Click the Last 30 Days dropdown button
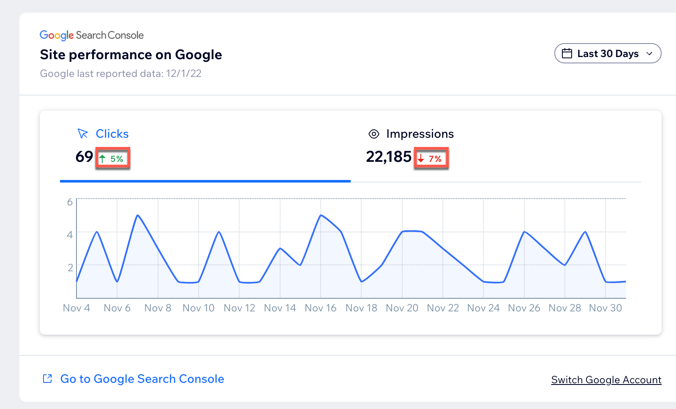click(608, 54)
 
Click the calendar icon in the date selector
click(567, 54)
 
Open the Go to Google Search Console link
click(142, 379)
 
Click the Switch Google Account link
click(606, 380)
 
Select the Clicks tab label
click(112, 134)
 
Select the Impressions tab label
click(420, 134)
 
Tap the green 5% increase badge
click(113, 159)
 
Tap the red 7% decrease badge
click(431, 159)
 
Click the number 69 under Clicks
click(84, 157)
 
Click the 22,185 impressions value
click(388, 157)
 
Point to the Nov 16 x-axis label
click(320, 308)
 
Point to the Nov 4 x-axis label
click(76, 308)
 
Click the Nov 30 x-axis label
click(605, 308)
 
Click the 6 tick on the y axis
click(70, 202)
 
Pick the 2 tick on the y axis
click(70, 267)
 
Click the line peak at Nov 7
click(138, 215)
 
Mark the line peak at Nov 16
click(321, 215)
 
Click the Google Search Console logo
click(92, 35)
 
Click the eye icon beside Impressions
click(374, 134)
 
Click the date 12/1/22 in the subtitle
click(184, 74)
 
